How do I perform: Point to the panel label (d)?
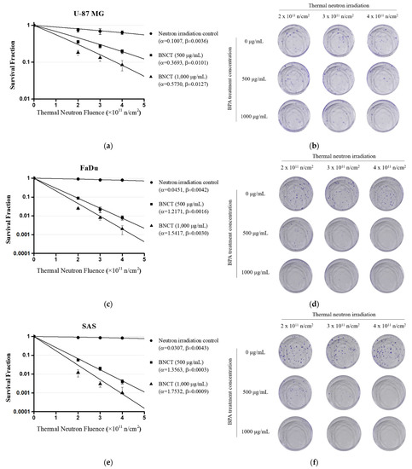pos(339,305)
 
